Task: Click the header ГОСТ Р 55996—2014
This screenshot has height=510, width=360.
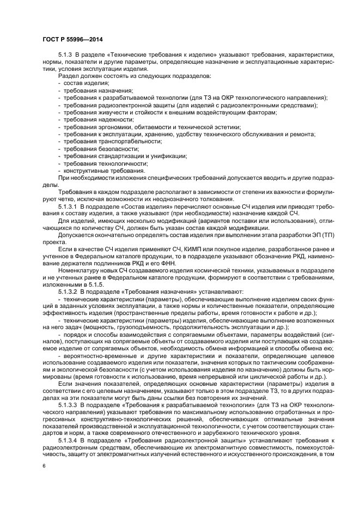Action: [x=72, y=39]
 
